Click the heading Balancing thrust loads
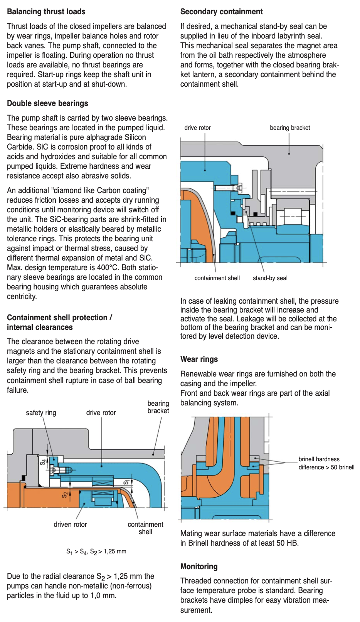(46, 12)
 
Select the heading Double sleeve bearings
(47, 103)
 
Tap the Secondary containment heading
(221, 12)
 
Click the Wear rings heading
(199, 359)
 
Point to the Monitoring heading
(199, 567)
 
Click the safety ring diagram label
(41, 413)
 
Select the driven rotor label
(70, 524)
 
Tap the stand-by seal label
(270, 278)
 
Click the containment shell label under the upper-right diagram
(217, 278)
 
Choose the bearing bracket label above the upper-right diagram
(290, 128)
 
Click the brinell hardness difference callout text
(326, 463)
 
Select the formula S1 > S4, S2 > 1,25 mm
(96, 551)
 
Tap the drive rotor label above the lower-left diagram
(101, 413)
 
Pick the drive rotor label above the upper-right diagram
(197, 128)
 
